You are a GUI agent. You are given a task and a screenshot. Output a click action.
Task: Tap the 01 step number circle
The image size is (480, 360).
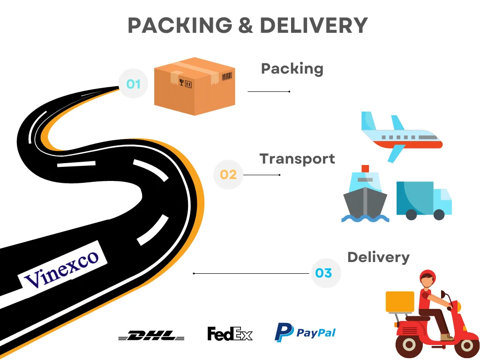pyautogui.click(x=134, y=84)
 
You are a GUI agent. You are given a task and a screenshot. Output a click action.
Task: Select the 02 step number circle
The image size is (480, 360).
pyautogui.click(x=228, y=174)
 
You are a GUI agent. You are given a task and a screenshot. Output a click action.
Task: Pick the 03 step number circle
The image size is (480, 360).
pyautogui.click(x=324, y=273)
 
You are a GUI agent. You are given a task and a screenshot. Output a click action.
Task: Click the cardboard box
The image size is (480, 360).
pyautogui.click(x=195, y=86)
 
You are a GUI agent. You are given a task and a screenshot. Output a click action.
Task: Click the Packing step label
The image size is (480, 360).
pyautogui.click(x=292, y=68)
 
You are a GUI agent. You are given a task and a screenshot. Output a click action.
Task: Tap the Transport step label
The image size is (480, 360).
pyautogui.click(x=297, y=158)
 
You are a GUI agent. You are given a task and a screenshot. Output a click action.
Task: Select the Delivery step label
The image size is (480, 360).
pyautogui.click(x=378, y=257)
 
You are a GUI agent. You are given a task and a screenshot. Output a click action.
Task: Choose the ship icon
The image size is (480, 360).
pyautogui.click(x=365, y=195)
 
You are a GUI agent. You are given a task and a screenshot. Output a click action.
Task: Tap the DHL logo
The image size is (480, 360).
pyautogui.click(x=151, y=335)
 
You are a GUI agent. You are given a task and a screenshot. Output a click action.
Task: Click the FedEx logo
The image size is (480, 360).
pyautogui.click(x=230, y=334)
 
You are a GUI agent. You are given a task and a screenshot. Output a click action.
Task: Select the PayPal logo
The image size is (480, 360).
pyautogui.click(x=305, y=332)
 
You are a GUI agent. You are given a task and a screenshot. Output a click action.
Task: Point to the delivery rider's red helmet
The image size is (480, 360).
pyautogui.click(x=427, y=276)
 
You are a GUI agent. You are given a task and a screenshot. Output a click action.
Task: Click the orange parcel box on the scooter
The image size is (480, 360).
pyautogui.click(x=400, y=301)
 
